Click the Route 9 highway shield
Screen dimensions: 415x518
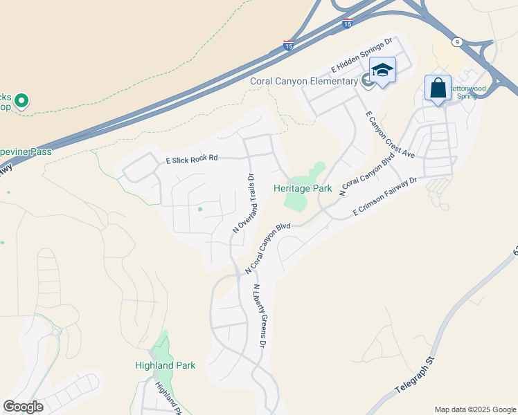click(x=457, y=42)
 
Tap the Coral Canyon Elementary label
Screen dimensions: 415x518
click(x=304, y=82)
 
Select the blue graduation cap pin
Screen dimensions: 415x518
click(x=382, y=70)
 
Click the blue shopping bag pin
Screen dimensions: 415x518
click(x=438, y=89)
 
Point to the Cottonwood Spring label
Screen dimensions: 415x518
click(x=469, y=93)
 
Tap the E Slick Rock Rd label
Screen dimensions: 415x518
click(x=192, y=158)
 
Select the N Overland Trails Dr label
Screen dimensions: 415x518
click(x=244, y=203)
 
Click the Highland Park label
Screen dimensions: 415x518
click(x=166, y=365)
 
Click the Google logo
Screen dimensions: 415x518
click(x=23, y=407)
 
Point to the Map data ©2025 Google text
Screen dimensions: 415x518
click(x=475, y=409)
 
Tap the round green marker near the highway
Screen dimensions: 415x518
click(x=21, y=102)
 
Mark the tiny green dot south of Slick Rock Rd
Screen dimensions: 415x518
click(x=200, y=209)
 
